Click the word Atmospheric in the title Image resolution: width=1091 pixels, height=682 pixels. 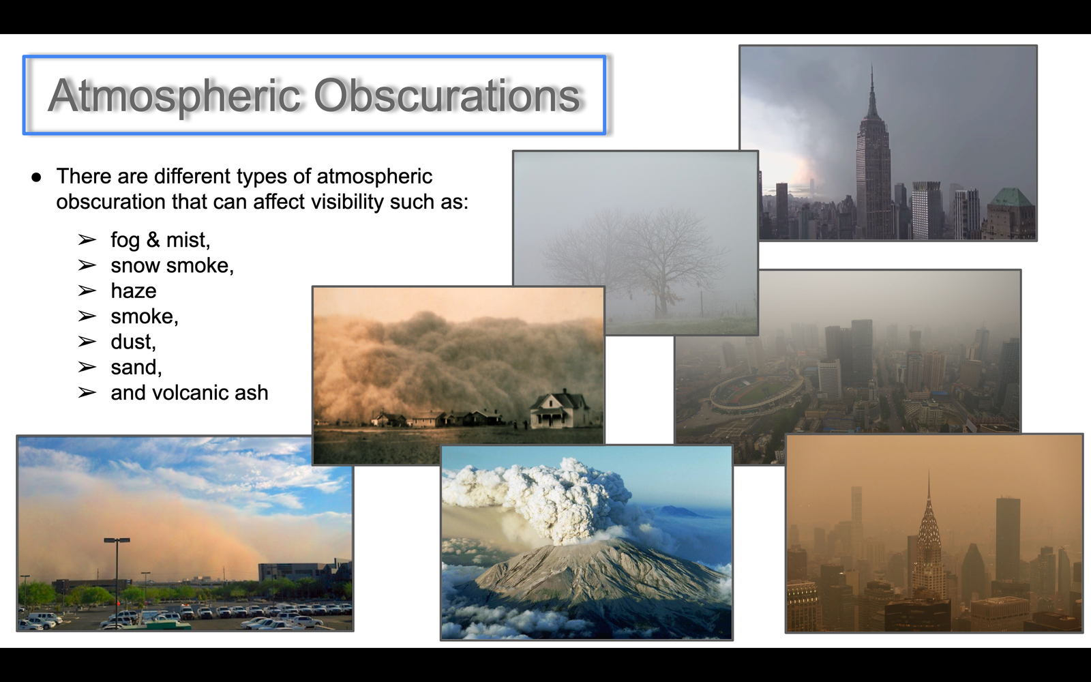(x=175, y=96)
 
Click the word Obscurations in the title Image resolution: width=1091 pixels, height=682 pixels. (x=447, y=95)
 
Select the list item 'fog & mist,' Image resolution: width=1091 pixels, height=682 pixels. (x=160, y=239)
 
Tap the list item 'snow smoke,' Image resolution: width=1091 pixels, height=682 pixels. (x=172, y=265)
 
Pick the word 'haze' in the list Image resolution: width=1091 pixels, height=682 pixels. (x=134, y=291)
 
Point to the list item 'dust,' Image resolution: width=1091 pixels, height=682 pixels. (x=133, y=342)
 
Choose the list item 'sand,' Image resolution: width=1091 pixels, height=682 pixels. (x=136, y=368)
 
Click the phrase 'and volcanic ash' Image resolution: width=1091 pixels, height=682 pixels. (x=190, y=393)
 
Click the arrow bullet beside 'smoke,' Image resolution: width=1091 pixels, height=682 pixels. (x=87, y=316)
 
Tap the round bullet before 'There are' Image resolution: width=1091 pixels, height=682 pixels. (x=36, y=177)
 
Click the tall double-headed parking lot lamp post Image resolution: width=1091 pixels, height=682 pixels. (x=117, y=580)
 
